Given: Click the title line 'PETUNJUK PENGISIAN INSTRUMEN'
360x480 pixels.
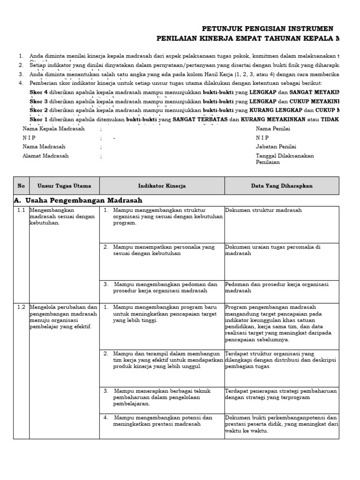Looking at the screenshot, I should point(267,29).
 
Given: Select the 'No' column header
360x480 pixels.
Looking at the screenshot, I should point(21,186).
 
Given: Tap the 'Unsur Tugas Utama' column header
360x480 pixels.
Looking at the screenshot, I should point(64,186).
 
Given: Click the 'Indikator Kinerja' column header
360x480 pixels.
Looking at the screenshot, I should point(162,186).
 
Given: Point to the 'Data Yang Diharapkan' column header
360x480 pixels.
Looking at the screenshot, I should point(281,186).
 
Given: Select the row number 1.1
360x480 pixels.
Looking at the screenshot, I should point(21,210).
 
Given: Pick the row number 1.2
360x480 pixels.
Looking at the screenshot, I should point(21,307).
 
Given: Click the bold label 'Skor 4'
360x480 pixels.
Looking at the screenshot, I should point(38,92).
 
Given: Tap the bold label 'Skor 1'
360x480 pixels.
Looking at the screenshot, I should point(38,120).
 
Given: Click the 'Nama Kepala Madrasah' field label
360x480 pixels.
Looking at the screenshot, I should point(53,129).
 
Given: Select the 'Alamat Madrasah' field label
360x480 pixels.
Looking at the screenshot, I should point(45,156).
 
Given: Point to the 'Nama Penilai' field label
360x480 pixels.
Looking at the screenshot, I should point(273,129).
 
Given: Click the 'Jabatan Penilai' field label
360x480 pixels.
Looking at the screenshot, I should point(276,147).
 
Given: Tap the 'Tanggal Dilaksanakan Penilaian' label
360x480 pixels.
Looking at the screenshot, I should point(285,159).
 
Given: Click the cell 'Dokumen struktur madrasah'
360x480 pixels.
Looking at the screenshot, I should point(263,210).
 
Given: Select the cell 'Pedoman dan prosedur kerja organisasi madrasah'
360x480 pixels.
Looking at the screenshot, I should point(277,287).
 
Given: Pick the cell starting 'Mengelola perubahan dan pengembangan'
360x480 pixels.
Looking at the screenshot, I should point(63,317).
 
